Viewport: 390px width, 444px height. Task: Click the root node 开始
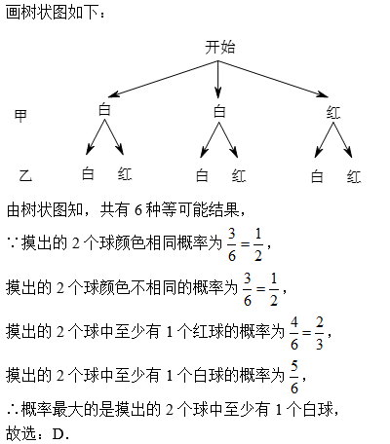[x=219, y=48]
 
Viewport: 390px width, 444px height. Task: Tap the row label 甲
[x=20, y=116]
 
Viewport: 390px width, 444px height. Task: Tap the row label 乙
[x=25, y=175]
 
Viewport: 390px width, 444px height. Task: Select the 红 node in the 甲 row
[x=333, y=113]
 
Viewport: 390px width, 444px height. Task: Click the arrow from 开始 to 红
[x=273, y=79]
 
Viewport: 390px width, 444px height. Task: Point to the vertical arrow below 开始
[x=218, y=79]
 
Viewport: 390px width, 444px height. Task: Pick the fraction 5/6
[x=294, y=377]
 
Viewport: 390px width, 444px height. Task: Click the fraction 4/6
[x=294, y=333]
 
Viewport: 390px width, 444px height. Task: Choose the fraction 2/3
[x=320, y=333]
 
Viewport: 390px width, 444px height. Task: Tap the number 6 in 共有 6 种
[x=138, y=210]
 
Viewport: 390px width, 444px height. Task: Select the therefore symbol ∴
[x=13, y=410]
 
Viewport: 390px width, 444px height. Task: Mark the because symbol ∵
[x=13, y=242]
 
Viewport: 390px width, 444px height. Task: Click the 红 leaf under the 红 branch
[x=354, y=177]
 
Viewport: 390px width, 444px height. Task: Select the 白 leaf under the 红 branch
[x=317, y=177]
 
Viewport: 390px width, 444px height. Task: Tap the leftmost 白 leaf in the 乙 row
[x=88, y=173]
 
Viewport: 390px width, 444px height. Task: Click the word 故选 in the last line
[x=21, y=433]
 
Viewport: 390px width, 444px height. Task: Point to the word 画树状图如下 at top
[x=52, y=13]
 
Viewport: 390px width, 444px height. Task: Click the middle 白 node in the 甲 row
[x=219, y=112]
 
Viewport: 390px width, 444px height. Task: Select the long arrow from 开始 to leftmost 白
[x=163, y=79]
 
